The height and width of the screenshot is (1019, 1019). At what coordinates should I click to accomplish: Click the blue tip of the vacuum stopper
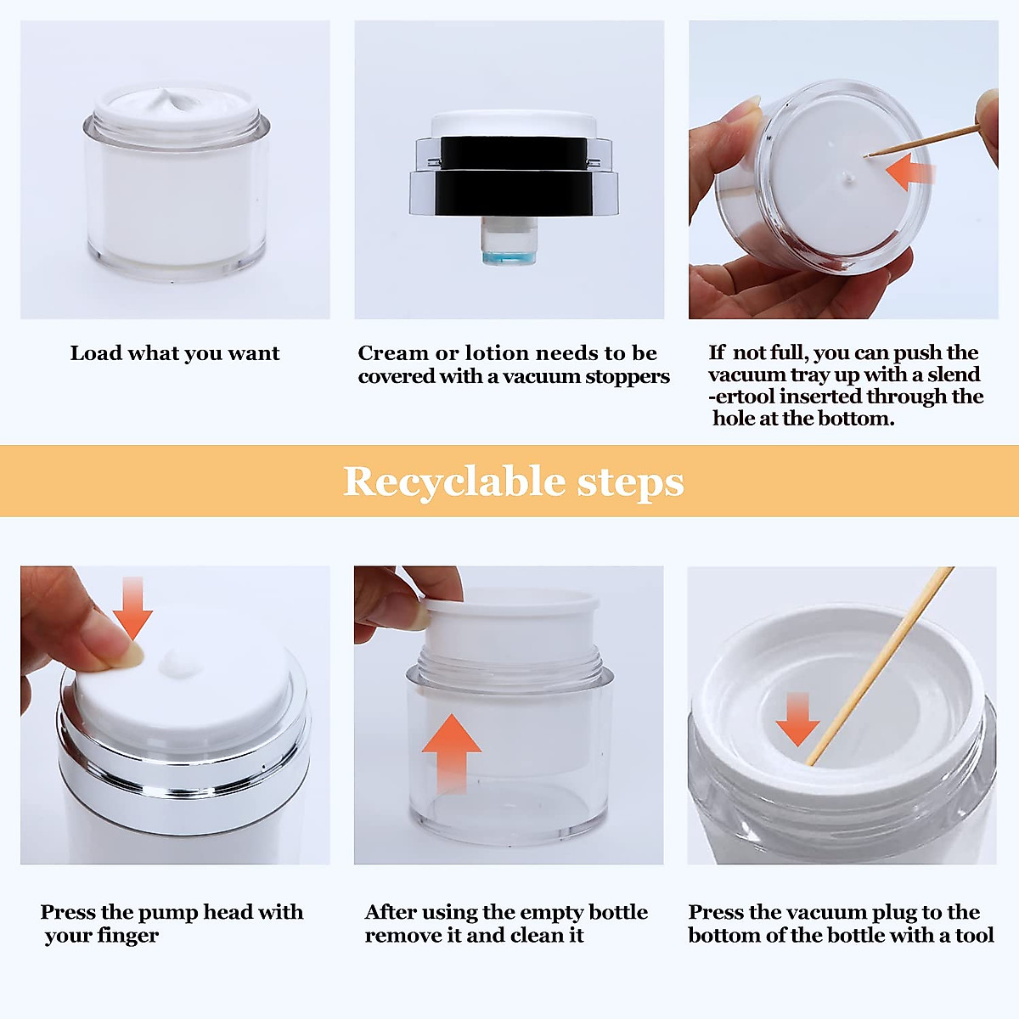click(509, 257)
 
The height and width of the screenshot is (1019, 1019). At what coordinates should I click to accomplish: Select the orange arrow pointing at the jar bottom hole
click(910, 172)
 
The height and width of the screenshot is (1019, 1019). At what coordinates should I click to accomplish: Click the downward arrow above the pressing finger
click(132, 608)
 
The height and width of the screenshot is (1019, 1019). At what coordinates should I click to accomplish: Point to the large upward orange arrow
click(452, 753)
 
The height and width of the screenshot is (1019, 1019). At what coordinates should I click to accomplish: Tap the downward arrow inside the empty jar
click(797, 718)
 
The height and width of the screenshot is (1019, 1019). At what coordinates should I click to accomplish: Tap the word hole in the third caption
click(734, 418)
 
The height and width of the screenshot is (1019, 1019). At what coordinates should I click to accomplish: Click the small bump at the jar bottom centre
click(847, 180)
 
